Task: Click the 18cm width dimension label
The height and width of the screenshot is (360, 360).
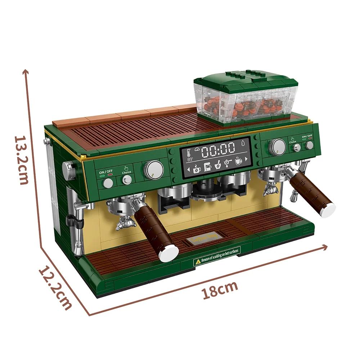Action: pyautogui.click(x=220, y=288)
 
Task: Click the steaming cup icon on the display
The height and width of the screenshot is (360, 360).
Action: pyautogui.click(x=238, y=161)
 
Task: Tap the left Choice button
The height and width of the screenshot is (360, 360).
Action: pyautogui.click(x=127, y=180)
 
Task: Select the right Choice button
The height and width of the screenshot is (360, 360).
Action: pyautogui.click(x=297, y=147)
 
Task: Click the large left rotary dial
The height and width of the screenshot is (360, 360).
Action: pyautogui.click(x=154, y=170)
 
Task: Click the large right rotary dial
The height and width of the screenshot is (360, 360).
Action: pyautogui.click(x=278, y=147)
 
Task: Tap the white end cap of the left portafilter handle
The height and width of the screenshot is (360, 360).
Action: pyautogui.click(x=169, y=253)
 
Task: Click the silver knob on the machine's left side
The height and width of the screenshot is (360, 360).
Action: pyautogui.click(x=68, y=170)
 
